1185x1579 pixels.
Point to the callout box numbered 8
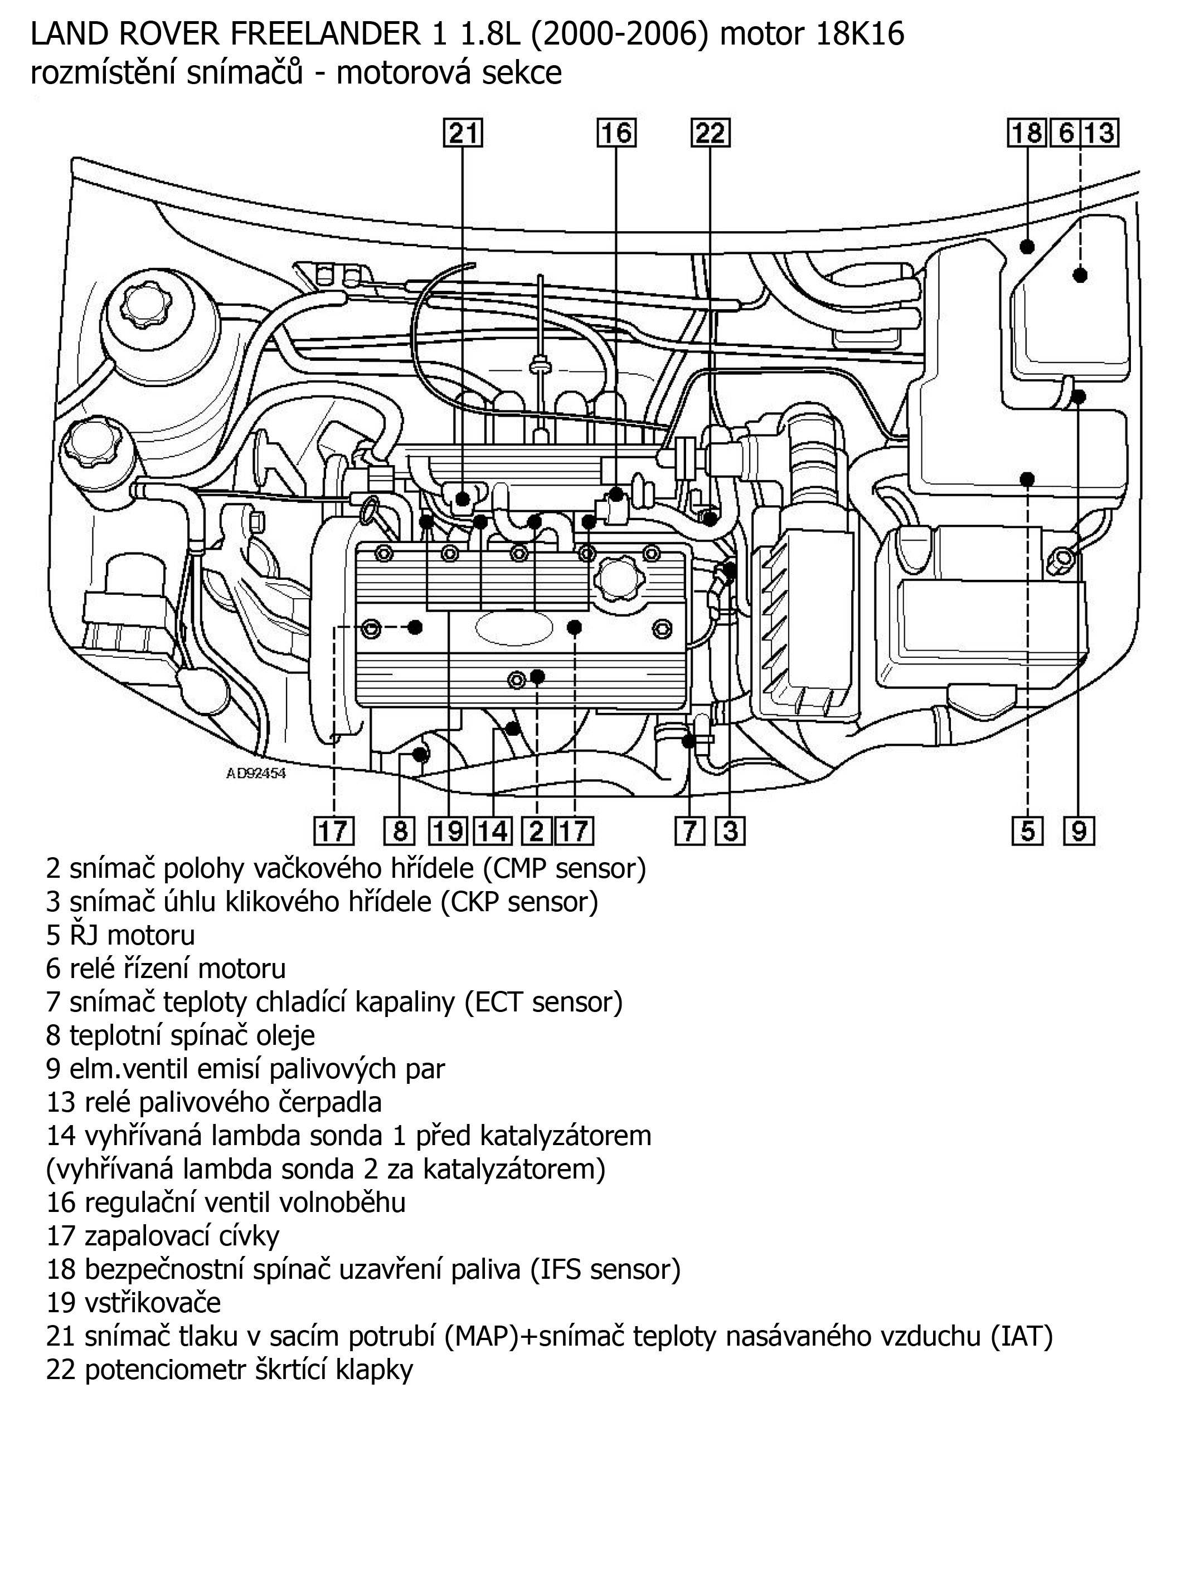coord(400,831)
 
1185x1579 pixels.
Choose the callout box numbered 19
coord(449,831)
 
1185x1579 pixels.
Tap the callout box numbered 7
coord(689,831)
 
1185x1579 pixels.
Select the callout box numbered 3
coord(730,831)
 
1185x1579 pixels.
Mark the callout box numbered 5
coord(1027,831)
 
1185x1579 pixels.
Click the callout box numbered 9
coord(1079,831)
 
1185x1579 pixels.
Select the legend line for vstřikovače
coord(134,1302)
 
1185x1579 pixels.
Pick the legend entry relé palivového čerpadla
coord(214,1102)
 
